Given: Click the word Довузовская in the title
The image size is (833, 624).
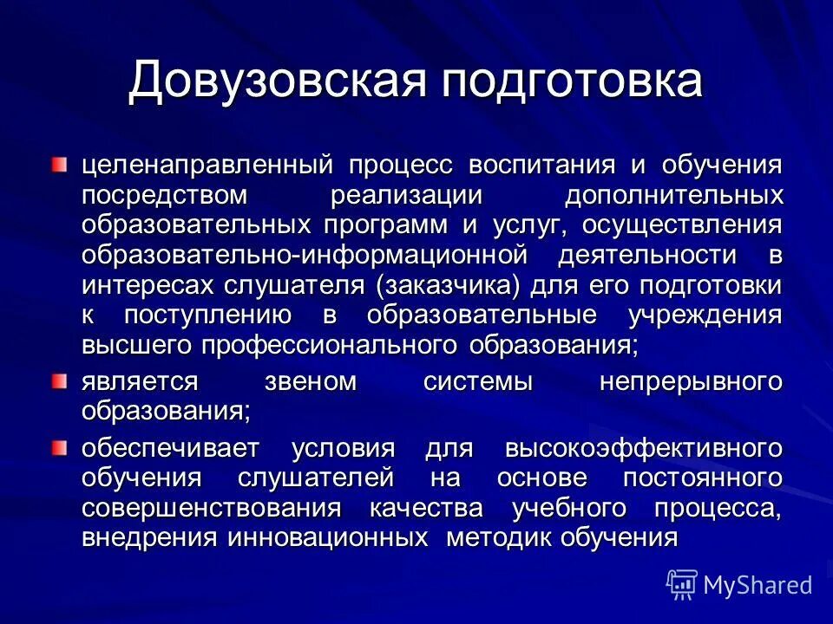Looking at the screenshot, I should click(x=278, y=81).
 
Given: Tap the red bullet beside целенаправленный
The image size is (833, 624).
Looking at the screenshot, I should click(x=57, y=165).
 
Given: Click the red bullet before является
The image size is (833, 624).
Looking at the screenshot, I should click(x=57, y=381).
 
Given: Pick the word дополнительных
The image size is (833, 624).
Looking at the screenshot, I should click(x=673, y=196).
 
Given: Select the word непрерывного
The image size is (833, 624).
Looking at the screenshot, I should click(x=691, y=382).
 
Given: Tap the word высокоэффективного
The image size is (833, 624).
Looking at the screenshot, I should click(x=644, y=449).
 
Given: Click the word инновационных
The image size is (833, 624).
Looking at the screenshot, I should click(x=328, y=537).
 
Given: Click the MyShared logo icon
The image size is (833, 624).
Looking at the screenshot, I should click(x=682, y=585).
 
